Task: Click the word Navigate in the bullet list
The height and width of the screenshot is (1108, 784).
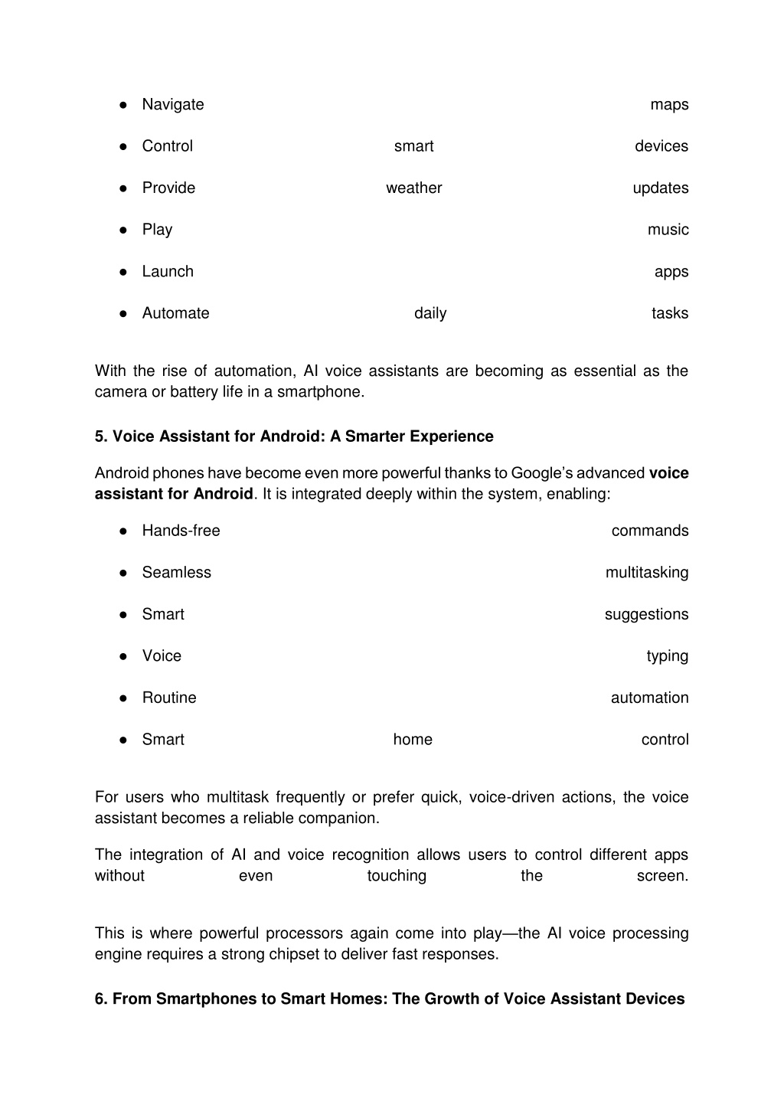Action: [x=173, y=105]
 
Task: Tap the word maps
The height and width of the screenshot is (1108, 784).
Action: [x=669, y=105]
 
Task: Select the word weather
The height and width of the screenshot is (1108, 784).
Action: [x=413, y=188]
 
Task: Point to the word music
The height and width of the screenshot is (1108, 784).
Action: [x=668, y=230]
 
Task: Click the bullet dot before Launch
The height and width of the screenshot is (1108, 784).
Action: [x=122, y=272]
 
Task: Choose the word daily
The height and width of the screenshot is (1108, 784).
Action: [x=430, y=313]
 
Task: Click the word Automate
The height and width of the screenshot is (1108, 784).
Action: [x=175, y=313]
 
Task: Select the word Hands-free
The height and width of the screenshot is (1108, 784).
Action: [x=181, y=531]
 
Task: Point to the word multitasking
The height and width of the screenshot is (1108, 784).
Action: [x=647, y=573]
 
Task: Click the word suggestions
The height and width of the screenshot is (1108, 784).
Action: [x=646, y=614]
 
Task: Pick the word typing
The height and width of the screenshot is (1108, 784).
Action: [x=667, y=656]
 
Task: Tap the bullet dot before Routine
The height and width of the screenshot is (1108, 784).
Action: [x=122, y=698]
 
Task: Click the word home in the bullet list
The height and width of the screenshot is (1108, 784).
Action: [x=413, y=740]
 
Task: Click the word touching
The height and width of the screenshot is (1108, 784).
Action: [x=397, y=876]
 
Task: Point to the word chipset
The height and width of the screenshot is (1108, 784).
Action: [x=350, y=955]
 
